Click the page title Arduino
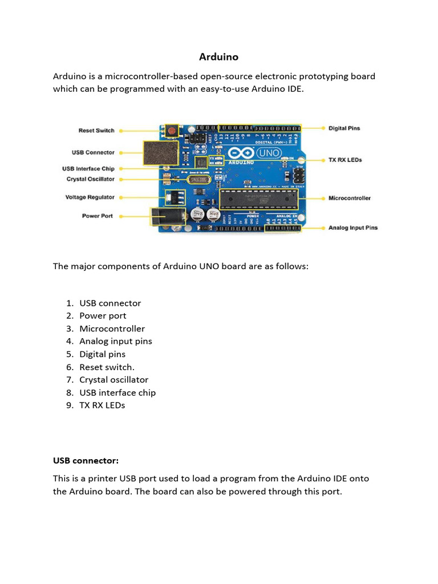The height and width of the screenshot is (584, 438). (218, 57)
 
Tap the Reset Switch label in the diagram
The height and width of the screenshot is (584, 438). (96, 131)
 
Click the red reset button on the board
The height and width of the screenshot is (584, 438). (171, 131)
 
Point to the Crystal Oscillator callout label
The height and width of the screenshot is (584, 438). (90, 179)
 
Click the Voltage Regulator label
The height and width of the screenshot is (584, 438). (90, 197)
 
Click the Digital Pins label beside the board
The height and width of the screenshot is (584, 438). (344, 128)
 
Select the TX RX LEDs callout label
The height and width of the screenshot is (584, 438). (345, 160)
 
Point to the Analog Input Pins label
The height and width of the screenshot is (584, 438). (352, 228)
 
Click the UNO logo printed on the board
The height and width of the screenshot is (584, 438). (269, 153)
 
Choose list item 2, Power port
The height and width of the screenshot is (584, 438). (103, 316)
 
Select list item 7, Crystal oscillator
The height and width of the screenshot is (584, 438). (113, 380)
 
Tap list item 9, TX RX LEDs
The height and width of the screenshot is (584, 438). (102, 405)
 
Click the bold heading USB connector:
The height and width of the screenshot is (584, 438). (86, 460)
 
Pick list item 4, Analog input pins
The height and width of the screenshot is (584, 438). (115, 342)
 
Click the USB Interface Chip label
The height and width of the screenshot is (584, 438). (88, 169)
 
